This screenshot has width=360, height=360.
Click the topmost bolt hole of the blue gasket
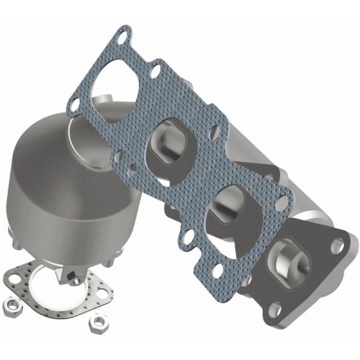(x=123, y=37)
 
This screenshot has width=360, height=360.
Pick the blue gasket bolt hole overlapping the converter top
(x=73, y=106)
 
